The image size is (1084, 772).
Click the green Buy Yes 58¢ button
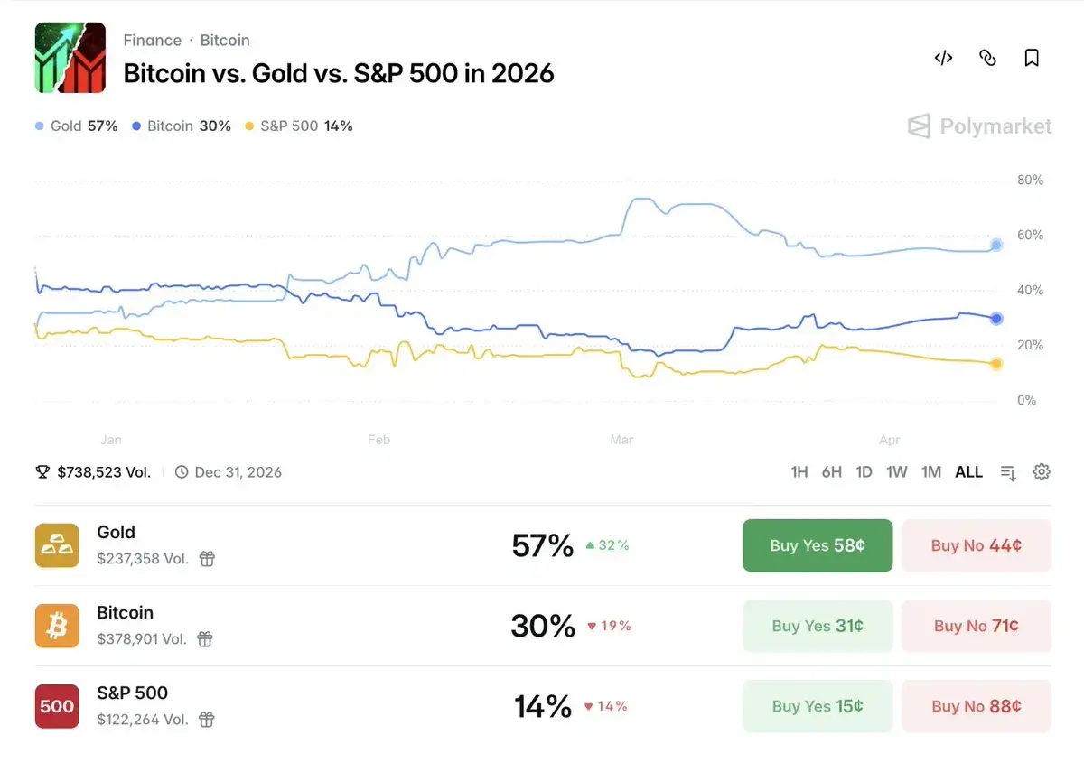(818, 545)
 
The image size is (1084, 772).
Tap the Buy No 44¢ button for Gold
(976, 545)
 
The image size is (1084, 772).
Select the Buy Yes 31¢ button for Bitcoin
(818, 626)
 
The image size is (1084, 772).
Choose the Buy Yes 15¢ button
(818, 706)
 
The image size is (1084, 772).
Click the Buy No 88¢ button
(976, 706)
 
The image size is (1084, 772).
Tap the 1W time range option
(896, 471)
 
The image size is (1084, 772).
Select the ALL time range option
(968, 471)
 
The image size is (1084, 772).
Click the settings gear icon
(1042, 471)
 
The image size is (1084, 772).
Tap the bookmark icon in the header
(1032, 58)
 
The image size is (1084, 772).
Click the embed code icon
(943, 58)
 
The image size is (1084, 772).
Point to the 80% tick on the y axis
(1030, 180)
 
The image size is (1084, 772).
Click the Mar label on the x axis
(621, 440)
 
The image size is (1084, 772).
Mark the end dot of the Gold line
(996, 245)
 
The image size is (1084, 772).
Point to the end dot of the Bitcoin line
(996, 318)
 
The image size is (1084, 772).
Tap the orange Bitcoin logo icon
(57, 626)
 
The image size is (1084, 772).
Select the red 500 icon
(57, 706)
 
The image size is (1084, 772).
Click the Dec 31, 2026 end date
(238, 471)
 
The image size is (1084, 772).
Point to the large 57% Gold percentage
(542, 545)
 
